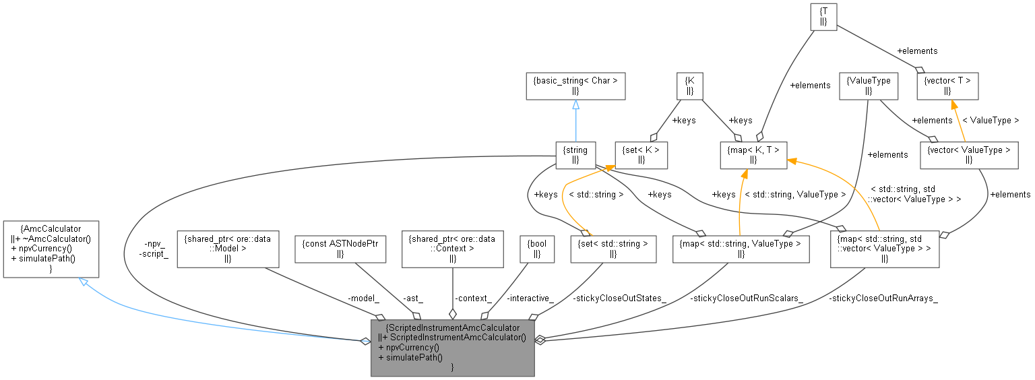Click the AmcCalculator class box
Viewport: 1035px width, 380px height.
click(51, 249)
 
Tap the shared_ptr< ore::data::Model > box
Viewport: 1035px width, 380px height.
click(227, 249)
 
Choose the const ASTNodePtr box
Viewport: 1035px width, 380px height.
click(340, 249)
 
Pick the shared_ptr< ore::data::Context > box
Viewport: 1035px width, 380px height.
click(453, 249)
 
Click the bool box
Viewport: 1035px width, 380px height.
click(536, 249)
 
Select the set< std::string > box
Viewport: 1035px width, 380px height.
click(613, 249)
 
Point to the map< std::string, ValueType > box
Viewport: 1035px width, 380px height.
click(741, 249)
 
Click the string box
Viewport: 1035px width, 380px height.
click(575, 155)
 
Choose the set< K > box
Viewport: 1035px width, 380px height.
click(641, 155)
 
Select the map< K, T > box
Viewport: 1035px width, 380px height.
click(753, 155)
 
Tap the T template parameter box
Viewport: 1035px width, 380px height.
click(823, 16)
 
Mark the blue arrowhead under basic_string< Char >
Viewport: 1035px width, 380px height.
click(575, 106)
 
